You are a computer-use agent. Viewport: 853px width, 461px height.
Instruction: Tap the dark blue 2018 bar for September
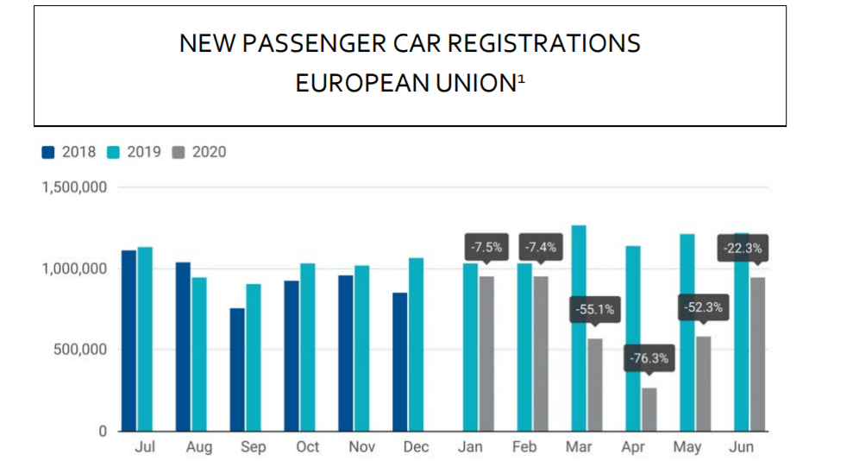coord(236,369)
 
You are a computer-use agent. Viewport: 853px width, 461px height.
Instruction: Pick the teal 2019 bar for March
coord(579,328)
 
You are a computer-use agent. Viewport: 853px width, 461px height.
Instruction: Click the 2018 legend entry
coord(70,152)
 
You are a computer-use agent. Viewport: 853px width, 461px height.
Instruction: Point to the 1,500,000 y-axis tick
coord(74,187)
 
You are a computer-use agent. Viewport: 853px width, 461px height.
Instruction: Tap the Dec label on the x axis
coord(416,447)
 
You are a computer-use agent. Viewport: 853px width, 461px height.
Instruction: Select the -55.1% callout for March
coord(594,309)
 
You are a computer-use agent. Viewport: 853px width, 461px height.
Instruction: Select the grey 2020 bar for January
coord(486,353)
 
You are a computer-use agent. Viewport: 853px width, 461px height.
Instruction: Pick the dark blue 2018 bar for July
coord(129,340)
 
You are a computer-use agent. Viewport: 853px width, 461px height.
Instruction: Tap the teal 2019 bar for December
coord(416,344)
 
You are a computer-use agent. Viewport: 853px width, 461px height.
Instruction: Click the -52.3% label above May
coord(704,307)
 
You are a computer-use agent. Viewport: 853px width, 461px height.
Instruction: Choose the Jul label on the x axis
coord(144,447)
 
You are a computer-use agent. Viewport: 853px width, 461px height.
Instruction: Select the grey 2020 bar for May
coord(703,383)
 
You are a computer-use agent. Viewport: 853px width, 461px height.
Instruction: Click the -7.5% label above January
coord(486,248)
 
